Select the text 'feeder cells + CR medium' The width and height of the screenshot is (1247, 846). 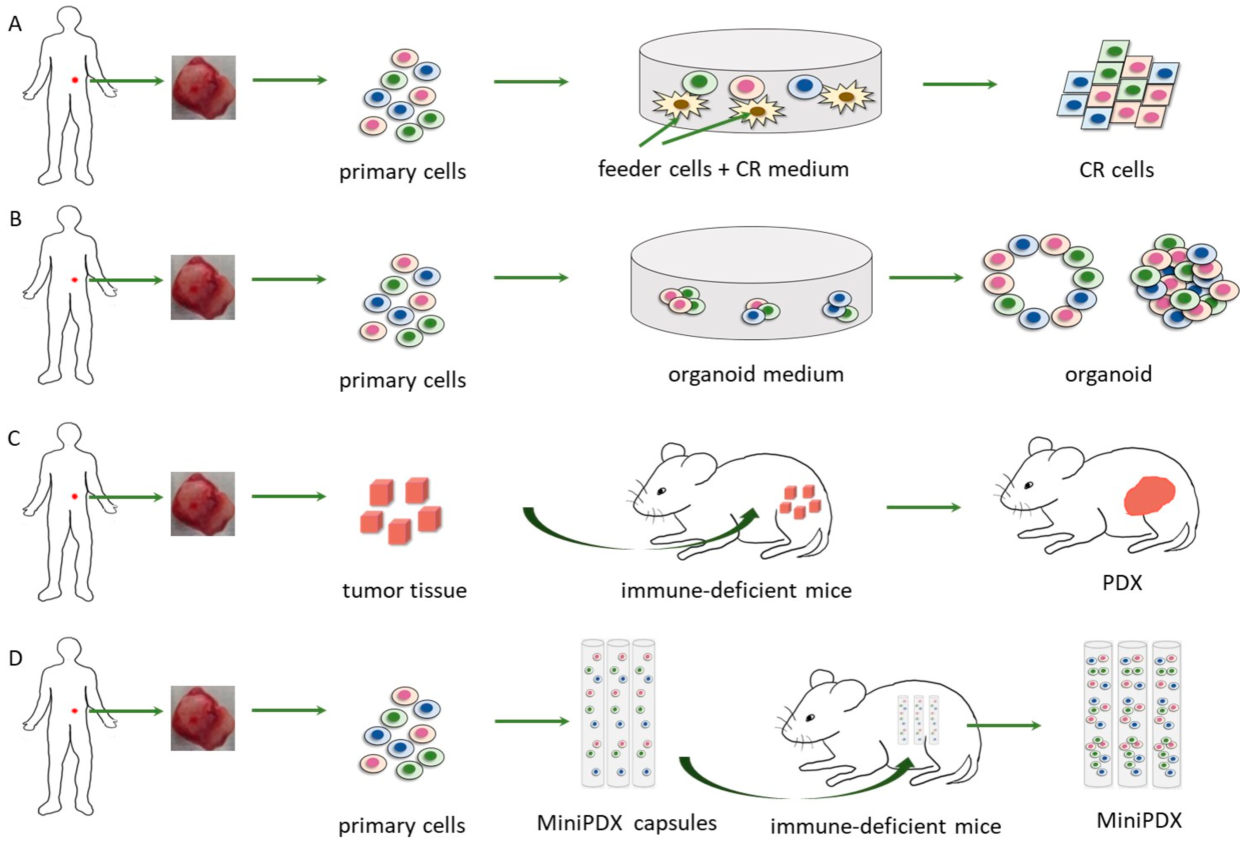point(723,169)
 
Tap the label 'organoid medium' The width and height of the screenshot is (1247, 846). point(756,374)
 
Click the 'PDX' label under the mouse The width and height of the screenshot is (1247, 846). point(1122,582)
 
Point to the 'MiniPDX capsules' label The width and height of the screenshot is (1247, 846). point(626,823)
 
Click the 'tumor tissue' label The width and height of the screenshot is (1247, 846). point(404,590)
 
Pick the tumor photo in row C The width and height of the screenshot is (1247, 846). point(203,504)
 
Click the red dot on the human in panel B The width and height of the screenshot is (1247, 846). point(74,280)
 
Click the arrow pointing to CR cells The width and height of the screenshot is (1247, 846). point(959,84)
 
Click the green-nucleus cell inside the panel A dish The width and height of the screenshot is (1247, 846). point(700,82)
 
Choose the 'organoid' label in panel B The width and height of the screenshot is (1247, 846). point(1108,374)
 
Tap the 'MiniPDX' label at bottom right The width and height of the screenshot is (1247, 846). point(1139,820)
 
